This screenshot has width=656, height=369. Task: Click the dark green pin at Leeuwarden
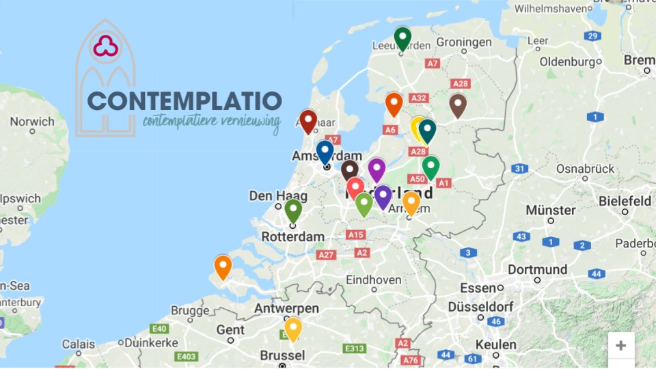point(402,37)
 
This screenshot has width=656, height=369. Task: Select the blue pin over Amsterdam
point(325,150)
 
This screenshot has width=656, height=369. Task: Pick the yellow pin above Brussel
point(292,328)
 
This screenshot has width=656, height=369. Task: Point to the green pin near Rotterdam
point(293,210)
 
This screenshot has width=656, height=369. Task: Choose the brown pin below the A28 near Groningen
point(458,105)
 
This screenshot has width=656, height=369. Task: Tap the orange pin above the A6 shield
point(394,103)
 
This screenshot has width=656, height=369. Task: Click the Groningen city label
point(464,42)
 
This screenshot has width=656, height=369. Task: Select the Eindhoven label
point(373,280)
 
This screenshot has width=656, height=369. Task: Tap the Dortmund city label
point(537,269)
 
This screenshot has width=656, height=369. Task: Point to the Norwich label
point(32,122)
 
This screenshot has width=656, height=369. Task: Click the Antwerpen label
point(286,309)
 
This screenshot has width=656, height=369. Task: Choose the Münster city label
point(550,210)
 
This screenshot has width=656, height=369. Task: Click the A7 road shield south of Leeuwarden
point(432,63)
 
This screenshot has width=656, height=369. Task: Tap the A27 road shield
point(327,255)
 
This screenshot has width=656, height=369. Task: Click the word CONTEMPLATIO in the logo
point(184,101)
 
